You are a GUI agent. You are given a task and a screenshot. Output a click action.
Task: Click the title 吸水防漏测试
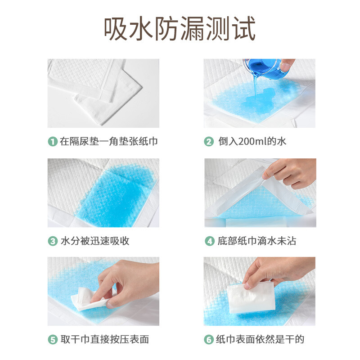tap(180, 28)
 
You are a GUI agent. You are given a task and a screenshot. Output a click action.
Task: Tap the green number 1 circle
tap(53, 141)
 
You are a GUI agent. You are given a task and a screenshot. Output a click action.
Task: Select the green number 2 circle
tap(209, 141)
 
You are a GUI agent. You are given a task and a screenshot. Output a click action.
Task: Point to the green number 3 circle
tap(53, 241)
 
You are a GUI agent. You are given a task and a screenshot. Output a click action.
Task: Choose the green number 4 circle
tap(209, 241)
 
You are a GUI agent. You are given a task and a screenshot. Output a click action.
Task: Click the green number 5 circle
tap(53, 339)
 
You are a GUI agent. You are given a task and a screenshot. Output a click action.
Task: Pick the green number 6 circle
tap(209, 339)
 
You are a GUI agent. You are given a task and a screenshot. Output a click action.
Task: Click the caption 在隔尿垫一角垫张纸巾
tap(109, 141)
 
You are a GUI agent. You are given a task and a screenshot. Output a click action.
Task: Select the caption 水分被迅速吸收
tap(95, 241)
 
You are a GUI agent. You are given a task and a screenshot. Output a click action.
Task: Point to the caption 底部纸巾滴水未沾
tap(257, 241)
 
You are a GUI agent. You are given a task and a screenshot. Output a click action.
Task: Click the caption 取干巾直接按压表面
tap(105, 339)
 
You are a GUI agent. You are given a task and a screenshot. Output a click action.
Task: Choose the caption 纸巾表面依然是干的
tap(260, 339)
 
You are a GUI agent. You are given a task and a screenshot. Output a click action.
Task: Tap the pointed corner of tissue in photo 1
tap(142, 87)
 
